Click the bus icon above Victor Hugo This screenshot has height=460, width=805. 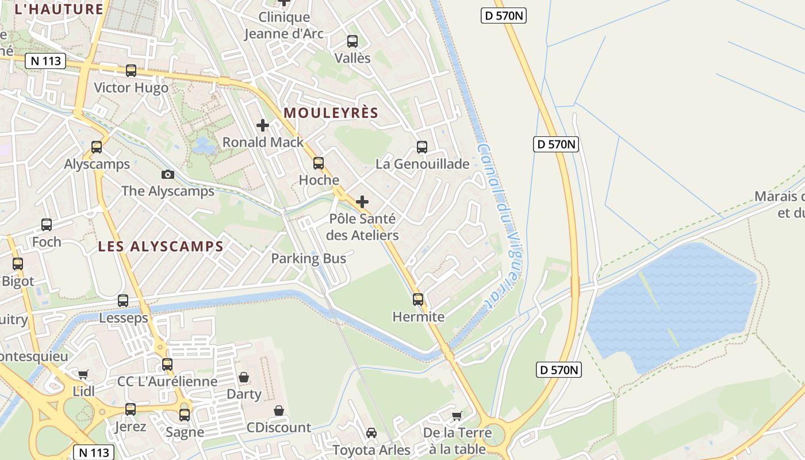tap(131, 71)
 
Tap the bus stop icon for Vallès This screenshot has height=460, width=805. tap(352, 41)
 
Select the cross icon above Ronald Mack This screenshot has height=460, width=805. tap(263, 125)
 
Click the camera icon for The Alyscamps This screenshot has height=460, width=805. tap(168, 174)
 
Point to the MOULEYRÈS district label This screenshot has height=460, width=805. tap(331, 113)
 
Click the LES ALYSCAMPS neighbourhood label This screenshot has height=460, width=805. tap(160, 247)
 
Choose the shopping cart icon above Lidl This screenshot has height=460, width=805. tap(83, 374)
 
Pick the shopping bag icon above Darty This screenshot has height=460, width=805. tap(244, 377)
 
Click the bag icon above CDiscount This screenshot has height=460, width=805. tap(279, 411)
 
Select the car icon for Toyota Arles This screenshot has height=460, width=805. tap(371, 432)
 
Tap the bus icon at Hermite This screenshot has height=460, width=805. tap(418, 300)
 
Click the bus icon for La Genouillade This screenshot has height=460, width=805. tap(422, 147)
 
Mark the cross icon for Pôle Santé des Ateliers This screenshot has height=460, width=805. tap(362, 202)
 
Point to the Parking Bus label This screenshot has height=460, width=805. tap(309, 258)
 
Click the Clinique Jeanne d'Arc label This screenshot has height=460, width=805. tap(284, 25)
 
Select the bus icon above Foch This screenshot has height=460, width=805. tap(47, 225)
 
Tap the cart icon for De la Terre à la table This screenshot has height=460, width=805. tap(457, 416)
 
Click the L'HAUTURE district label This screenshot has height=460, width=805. tap(59, 9)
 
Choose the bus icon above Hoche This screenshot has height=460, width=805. tap(319, 163)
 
